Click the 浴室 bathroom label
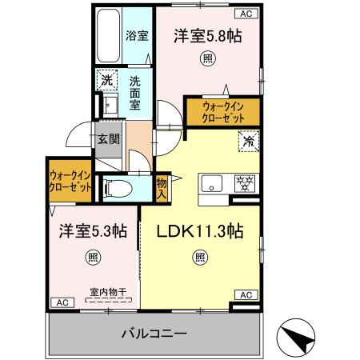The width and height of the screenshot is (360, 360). pyautogui.click(x=137, y=36)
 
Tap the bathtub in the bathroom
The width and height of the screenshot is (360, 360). pyautogui.click(x=108, y=36)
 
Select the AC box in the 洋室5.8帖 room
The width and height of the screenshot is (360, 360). pyautogui.click(x=246, y=14)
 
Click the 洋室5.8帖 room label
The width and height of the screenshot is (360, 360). pyautogui.click(x=208, y=36)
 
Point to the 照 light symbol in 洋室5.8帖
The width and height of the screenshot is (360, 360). pyautogui.click(x=208, y=58)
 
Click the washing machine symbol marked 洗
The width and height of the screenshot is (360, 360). pyautogui.click(x=107, y=80)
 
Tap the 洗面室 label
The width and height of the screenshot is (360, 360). pyautogui.click(x=135, y=94)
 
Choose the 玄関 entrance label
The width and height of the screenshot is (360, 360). pyautogui.click(x=108, y=138)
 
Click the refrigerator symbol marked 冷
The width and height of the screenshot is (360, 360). pyautogui.click(x=249, y=142)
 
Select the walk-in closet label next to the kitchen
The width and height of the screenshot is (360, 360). pyautogui.click(x=223, y=112)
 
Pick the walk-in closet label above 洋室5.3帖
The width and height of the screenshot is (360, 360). pyautogui.click(x=70, y=182)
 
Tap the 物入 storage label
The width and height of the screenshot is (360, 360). pyautogui.click(x=162, y=189)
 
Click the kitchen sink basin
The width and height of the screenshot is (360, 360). pyautogui.click(x=212, y=183)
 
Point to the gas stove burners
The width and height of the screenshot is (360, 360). pyautogui.click(x=245, y=183)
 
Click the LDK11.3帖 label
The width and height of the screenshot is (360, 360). pyautogui.click(x=200, y=231)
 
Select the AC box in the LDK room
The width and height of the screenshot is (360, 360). pyautogui.click(x=246, y=295)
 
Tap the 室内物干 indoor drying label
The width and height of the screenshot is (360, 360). pyautogui.click(x=108, y=292)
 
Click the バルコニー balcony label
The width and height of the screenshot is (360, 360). pyautogui.click(x=154, y=334)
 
